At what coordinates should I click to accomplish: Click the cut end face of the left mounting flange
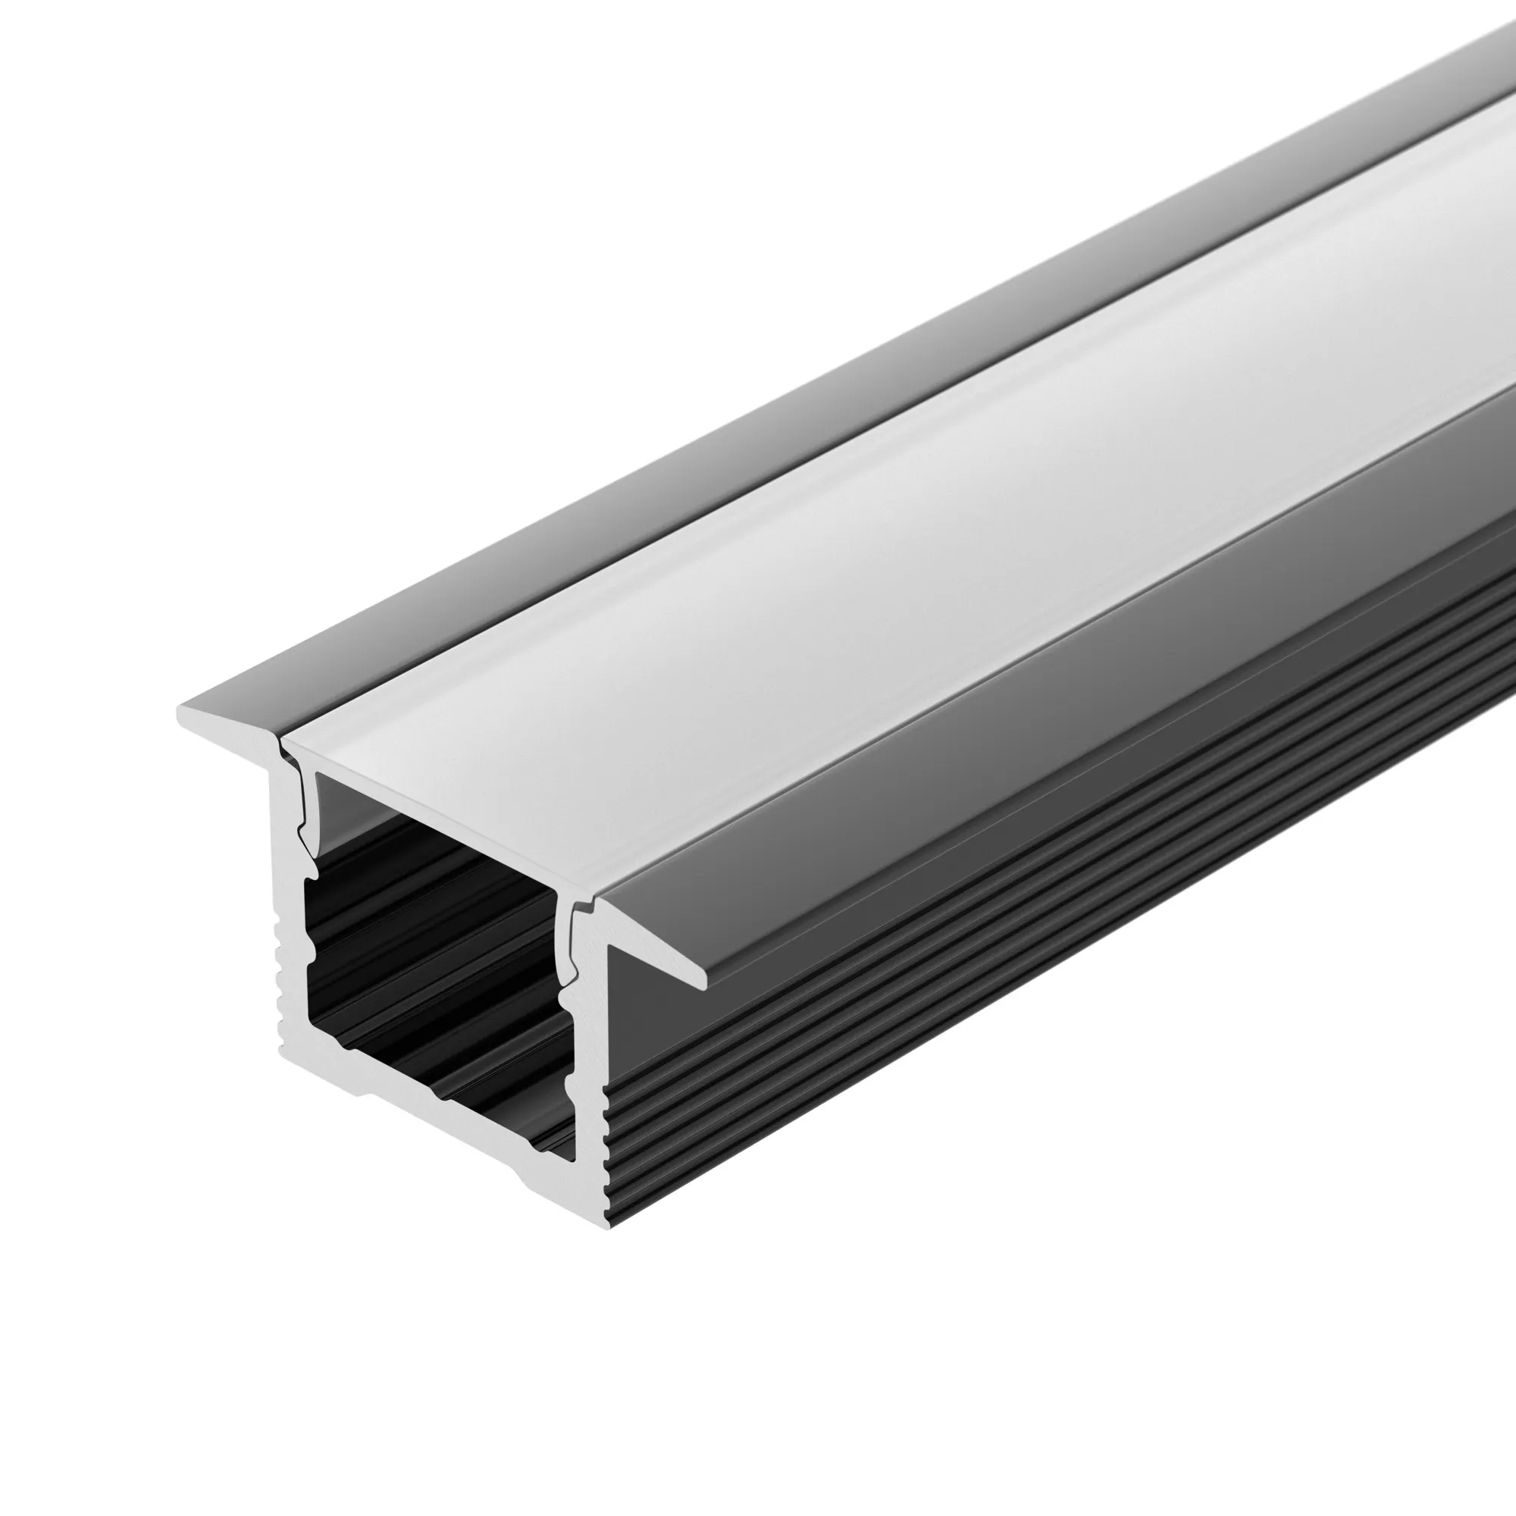(227, 719)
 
